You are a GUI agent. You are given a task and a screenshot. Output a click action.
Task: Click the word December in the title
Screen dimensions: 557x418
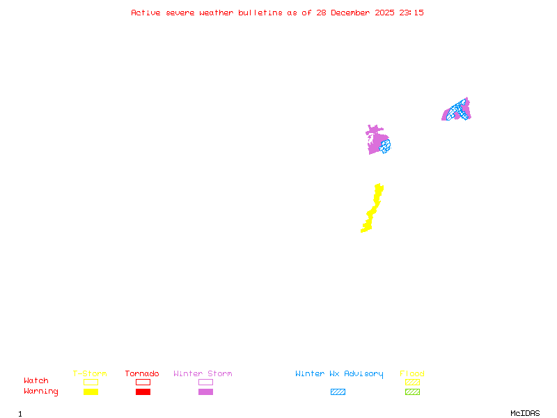click(x=350, y=13)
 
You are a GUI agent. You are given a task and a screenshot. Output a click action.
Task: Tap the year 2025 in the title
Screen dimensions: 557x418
click(x=384, y=13)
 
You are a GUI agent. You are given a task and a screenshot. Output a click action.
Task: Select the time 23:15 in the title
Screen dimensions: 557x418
click(x=411, y=13)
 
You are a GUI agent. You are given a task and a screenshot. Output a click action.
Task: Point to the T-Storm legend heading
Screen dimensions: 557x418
click(x=90, y=373)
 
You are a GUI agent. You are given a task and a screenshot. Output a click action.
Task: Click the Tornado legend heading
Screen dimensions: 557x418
click(x=142, y=373)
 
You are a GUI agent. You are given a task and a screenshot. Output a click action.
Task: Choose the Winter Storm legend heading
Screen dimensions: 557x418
click(x=203, y=373)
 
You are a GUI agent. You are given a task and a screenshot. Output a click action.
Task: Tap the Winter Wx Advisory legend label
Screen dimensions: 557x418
click(x=339, y=374)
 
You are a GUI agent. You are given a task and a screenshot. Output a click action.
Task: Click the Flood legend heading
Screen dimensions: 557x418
click(x=412, y=373)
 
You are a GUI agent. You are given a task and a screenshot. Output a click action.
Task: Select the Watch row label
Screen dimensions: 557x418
click(x=36, y=380)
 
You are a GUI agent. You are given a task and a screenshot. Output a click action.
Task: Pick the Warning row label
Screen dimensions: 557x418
click(x=41, y=392)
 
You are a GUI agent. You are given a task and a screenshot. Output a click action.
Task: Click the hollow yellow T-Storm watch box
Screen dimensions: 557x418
click(x=91, y=382)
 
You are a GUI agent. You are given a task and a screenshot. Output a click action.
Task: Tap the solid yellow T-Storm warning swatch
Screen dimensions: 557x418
click(x=91, y=392)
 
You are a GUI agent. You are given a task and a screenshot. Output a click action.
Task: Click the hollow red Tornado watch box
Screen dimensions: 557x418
click(x=143, y=382)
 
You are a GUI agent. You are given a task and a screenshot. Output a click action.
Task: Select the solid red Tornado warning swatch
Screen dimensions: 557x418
click(x=143, y=392)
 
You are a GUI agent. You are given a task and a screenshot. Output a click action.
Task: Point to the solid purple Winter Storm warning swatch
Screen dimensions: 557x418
click(x=205, y=392)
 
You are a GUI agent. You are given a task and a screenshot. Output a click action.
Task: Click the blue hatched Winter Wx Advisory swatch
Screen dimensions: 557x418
click(x=338, y=392)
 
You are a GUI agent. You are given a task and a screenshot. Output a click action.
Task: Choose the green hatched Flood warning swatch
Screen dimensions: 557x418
click(x=412, y=392)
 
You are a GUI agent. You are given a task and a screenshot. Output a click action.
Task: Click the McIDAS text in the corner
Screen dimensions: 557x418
click(x=525, y=413)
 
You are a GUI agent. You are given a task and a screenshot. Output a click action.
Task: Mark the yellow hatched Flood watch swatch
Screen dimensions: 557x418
click(x=412, y=382)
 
